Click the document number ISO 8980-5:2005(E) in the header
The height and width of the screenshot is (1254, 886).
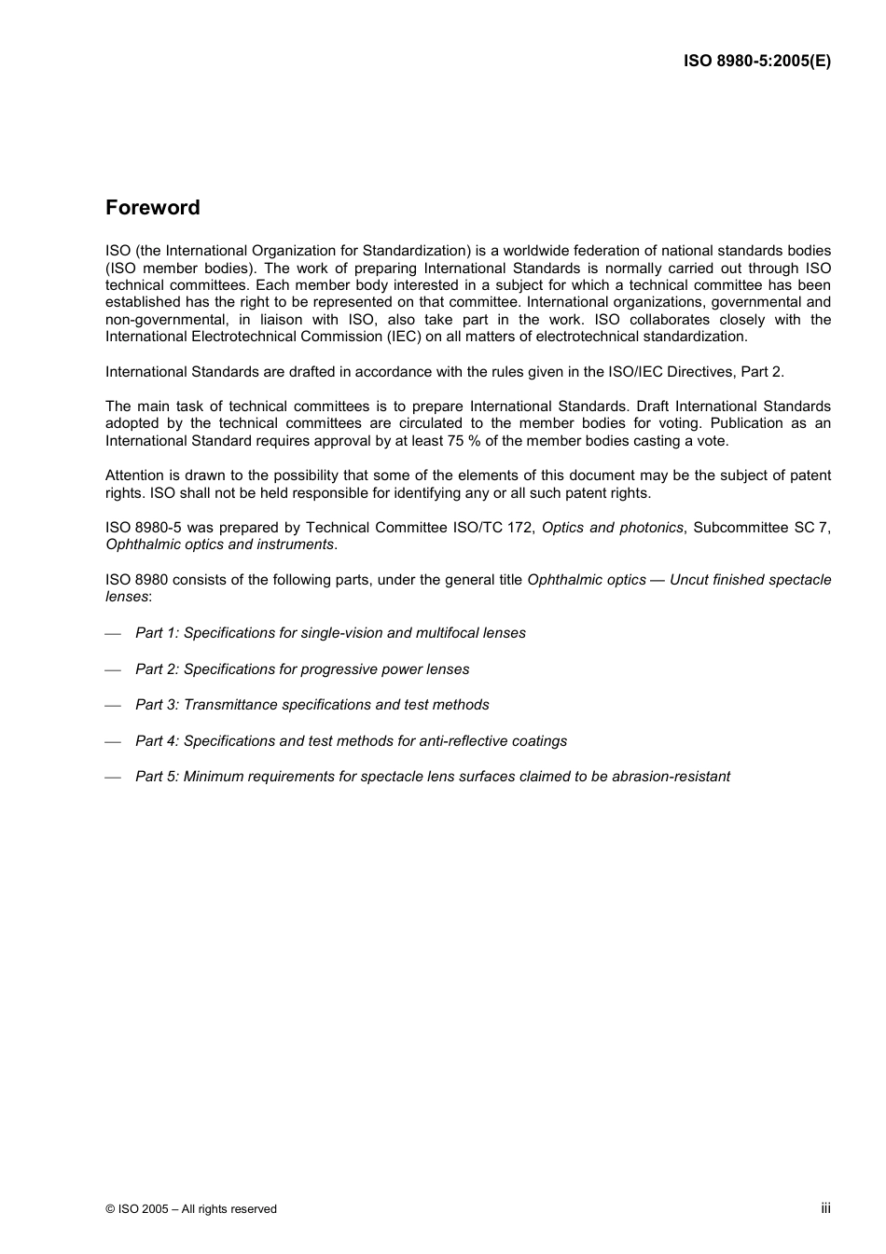[x=756, y=62]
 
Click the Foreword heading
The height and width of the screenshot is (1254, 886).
[x=152, y=208]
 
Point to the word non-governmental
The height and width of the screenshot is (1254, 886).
[x=159, y=320]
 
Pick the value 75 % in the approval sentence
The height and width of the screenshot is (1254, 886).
[x=451, y=441]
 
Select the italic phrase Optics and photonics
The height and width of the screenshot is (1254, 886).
[x=612, y=528]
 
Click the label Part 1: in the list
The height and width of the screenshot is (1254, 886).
[x=157, y=633]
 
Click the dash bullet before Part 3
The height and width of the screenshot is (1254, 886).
[x=113, y=706]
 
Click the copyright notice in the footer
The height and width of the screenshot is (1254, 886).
[x=191, y=1209]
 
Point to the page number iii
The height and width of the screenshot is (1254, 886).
[x=825, y=1208]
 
